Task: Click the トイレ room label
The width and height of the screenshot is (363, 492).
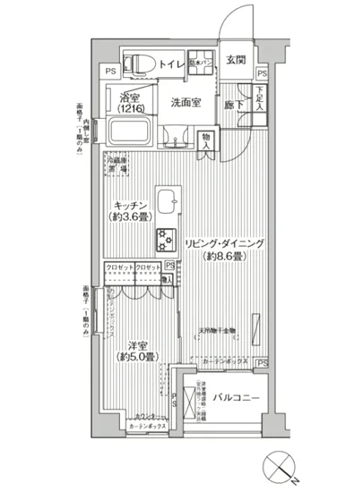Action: tap(172, 64)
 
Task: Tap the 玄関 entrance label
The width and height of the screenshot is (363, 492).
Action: tap(236, 60)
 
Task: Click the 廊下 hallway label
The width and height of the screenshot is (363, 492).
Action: tap(234, 103)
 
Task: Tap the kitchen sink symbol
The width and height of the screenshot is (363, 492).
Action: tap(168, 199)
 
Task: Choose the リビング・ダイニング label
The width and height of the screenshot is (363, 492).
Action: tap(224, 243)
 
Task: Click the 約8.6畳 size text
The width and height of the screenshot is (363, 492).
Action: tap(224, 257)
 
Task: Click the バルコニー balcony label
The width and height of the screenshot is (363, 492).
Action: tap(238, 396)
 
